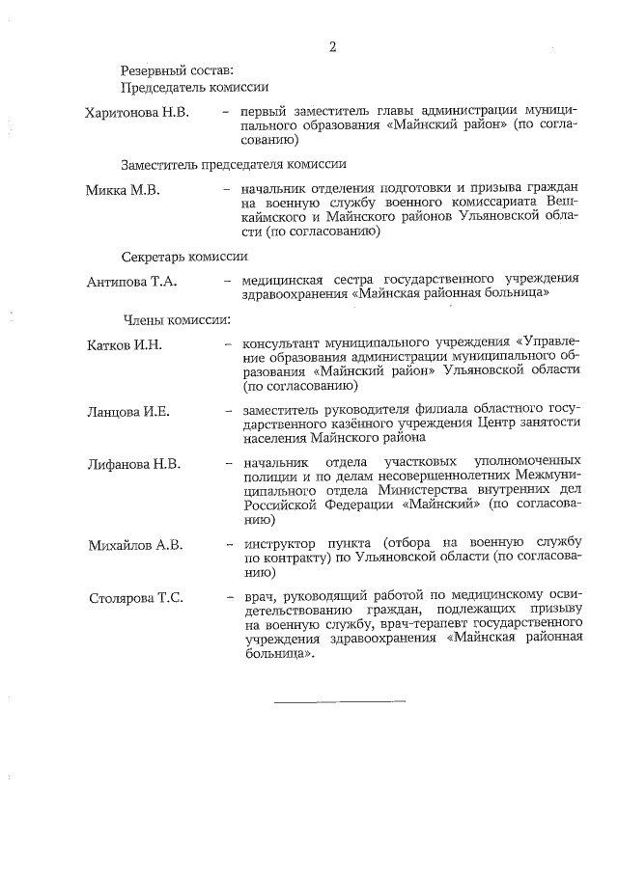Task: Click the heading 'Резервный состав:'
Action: pyautogui.click(x=177, y=70)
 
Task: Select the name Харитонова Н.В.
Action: pyautogui.click(x=136, y=113)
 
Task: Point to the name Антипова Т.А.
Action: pyautogui.click(x=130, y=281)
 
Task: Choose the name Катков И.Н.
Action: pyautogui.click(x=123, y=345)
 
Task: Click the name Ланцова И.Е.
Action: pyautogui.click(x=127, y=412)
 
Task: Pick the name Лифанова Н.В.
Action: pyautogui.click(x=133, y=464)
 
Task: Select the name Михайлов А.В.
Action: pyautogui.click(x=134, y=545)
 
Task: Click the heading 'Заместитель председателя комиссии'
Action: pyautogui.click(x=234, y=164)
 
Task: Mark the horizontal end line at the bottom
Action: pyautogui.click(x=339, y=698)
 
